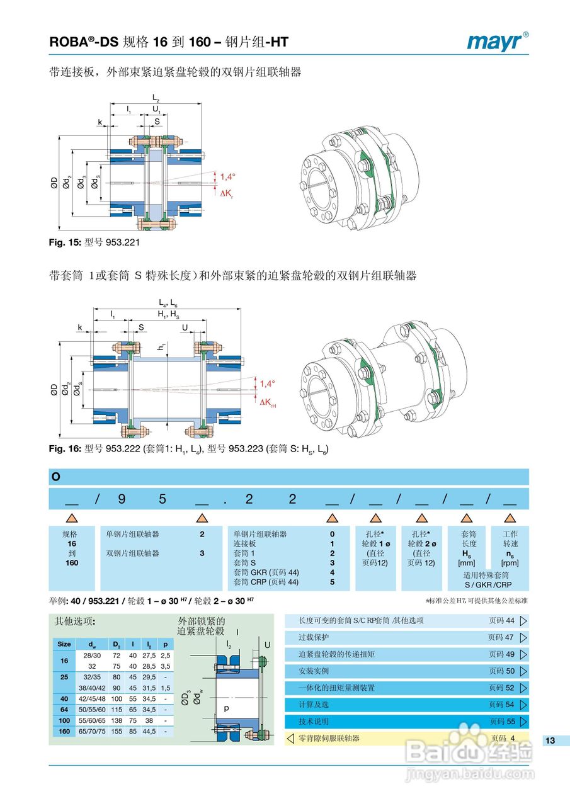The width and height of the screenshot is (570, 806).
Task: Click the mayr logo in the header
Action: point(497,42)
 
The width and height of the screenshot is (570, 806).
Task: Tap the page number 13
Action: point(550,741)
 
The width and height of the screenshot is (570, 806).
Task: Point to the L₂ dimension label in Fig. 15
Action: point(156,99)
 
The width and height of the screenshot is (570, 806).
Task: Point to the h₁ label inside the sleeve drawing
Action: point(162,346)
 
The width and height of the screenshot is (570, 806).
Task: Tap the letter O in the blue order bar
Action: point(56,477)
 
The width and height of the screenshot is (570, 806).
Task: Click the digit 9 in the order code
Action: point(122,499)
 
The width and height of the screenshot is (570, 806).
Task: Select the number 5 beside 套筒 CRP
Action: point(332,582)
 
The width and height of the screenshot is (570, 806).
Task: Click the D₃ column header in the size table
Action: point(117,644)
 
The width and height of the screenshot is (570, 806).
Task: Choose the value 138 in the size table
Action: point(117,720)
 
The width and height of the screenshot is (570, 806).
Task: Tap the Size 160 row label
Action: point(64,732)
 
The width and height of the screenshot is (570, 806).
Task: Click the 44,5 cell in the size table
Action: point(149,732)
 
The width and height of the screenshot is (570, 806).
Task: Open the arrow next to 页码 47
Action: point(523,637)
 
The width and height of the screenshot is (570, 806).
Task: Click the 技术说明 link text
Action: point(314,722)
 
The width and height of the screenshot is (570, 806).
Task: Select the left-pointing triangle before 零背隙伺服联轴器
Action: point(290,738)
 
